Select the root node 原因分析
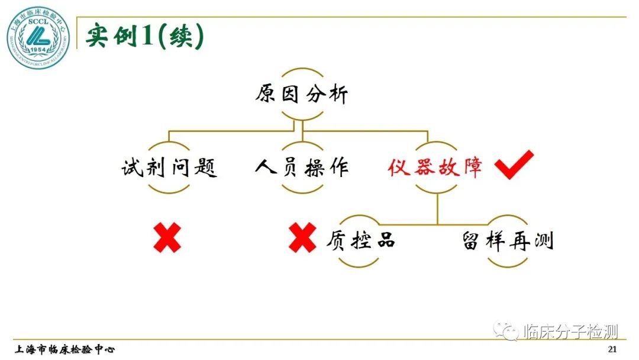(x=302, y=95)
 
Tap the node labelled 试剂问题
(x=169, y=168)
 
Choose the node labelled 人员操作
(x=302, y=168)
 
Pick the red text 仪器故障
(x=435, y=168)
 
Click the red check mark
(x=514, y=165)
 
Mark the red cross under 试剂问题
(x=167, y=238)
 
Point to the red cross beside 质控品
(x=302, y=238)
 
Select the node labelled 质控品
(x=361, y=240)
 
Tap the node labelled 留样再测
(x=507, y=240)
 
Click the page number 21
(x=612, y=349)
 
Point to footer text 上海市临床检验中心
(x=65, y=349)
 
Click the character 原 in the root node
(x=266, y=95)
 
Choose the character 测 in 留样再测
(x=542, y=240)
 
